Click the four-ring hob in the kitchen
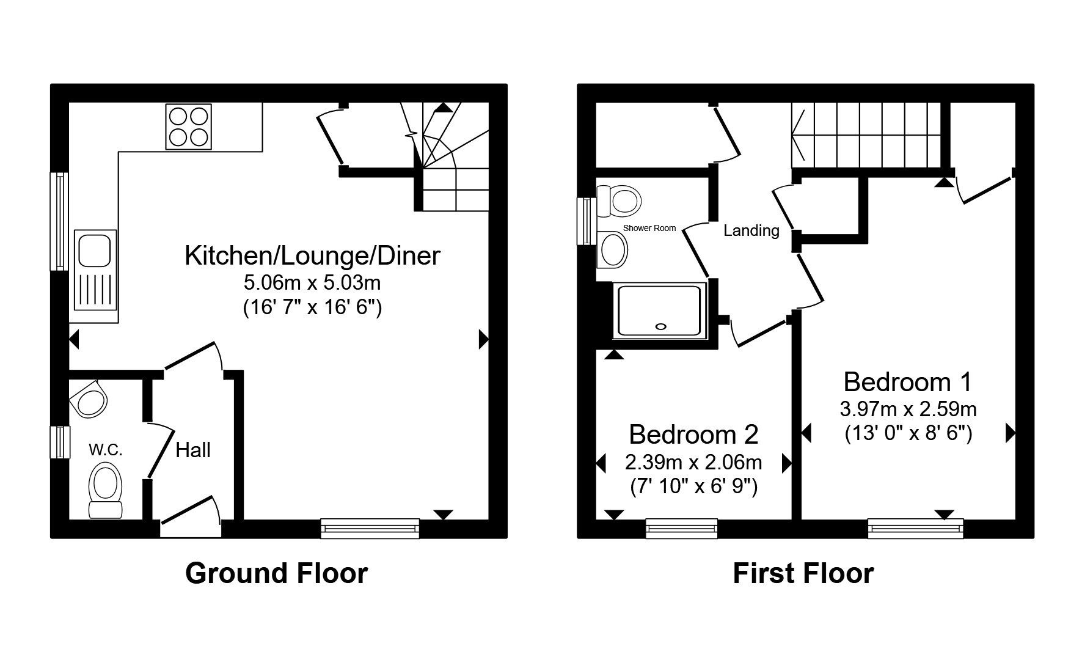coord(188,127)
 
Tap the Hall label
coord(193,450)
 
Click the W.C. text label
coord(106,450)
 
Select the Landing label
coord(751,230)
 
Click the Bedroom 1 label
coord(907,382)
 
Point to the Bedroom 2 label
coord(693,435)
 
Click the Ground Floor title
coord(276,573)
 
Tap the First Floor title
coord(803,573)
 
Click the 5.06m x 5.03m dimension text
coord(312,282)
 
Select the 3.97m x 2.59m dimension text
coord(908,409)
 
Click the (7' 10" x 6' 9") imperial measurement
coord(693,487)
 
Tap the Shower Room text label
coord(649,228)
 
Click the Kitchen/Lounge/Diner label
coord(312,255)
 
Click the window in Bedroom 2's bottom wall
coord(682,529)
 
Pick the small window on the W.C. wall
coord(60,442)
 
